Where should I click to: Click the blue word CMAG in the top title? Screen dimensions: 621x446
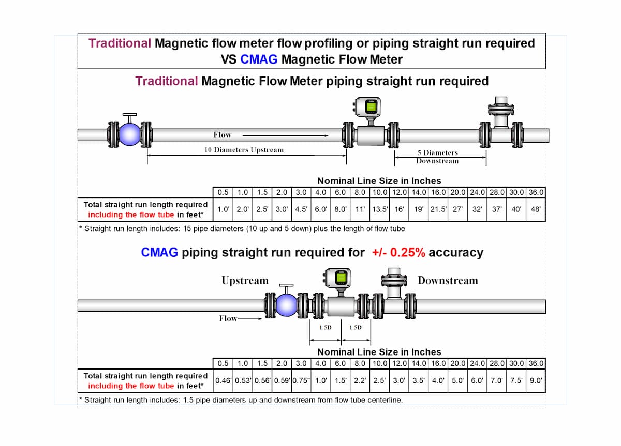coord(259,59)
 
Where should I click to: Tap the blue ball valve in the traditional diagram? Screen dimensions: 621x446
coord(129,134)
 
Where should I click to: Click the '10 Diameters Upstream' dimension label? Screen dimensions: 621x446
coord(244,150)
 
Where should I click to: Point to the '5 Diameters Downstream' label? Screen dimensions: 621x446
coord(437,157)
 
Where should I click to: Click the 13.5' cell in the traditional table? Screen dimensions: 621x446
coord(379,209)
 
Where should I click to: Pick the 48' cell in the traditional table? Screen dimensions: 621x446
coord(536,209)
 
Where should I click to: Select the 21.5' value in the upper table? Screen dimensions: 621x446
coord(438,209)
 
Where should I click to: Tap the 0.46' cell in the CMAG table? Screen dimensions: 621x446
coord(223,381)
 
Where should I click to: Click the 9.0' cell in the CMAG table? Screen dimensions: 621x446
coord(536,381)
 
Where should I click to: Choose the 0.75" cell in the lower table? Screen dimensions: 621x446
coord(301,381)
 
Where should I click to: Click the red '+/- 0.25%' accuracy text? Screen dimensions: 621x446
coord(398,253)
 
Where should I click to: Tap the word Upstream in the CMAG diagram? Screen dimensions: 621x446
coord(245,281)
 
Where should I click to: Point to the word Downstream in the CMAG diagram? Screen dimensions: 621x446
coord(448,281)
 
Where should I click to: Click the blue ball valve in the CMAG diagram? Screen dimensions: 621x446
coord(287,305)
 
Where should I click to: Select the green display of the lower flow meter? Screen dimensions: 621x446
coord(341,278)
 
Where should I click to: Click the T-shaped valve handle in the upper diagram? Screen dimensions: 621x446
coord(129,118)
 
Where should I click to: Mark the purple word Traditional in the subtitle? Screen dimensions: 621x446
coord(166,81)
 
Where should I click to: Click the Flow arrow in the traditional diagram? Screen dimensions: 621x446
coord(286,135)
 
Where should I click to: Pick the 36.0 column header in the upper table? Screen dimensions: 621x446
coord(536,192)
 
